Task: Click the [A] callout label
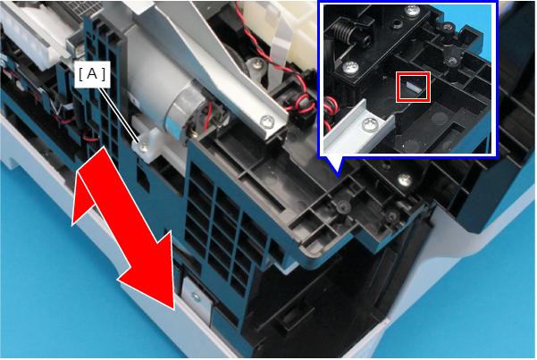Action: [92, 74]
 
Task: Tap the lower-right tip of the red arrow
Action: [174, 310]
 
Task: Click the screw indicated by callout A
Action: [143, 147]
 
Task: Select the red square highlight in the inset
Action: [413, 87]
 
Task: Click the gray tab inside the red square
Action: [413, 87]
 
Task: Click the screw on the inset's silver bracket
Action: [371, 124]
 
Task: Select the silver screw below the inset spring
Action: [350, 67]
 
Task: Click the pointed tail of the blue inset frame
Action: [338, 175]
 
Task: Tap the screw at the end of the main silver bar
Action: [267, 121]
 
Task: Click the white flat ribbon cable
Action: [279, 52]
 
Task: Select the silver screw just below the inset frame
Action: [405, 180]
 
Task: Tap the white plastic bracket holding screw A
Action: [148, 144]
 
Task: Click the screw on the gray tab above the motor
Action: [257, 63]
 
